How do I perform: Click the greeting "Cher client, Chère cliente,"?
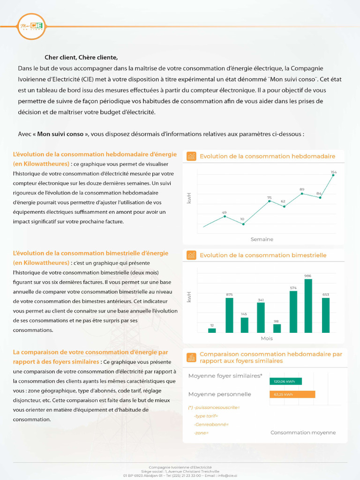coord(81,58)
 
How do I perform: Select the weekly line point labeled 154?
coord(334,177)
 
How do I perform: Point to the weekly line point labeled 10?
coord(243,224)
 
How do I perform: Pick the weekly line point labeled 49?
coord(225,216)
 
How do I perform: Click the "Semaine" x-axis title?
coord(262,239)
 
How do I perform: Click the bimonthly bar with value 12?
coord(212,330)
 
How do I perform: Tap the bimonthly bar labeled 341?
coord(261,317)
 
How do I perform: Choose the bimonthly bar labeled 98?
coord(277,328)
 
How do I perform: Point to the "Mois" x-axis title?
coord(267,338)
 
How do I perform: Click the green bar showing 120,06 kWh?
coord(286,381)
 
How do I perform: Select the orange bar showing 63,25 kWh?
coord(292,394)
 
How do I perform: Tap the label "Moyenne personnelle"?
coord(219,394)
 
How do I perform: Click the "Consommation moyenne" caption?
coord(303,432)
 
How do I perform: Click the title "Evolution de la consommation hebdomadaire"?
coord(267,156)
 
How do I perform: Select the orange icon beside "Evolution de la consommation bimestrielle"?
coord(191,255)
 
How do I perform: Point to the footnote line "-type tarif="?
coord(206,416)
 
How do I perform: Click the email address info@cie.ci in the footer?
coord(227,475)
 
